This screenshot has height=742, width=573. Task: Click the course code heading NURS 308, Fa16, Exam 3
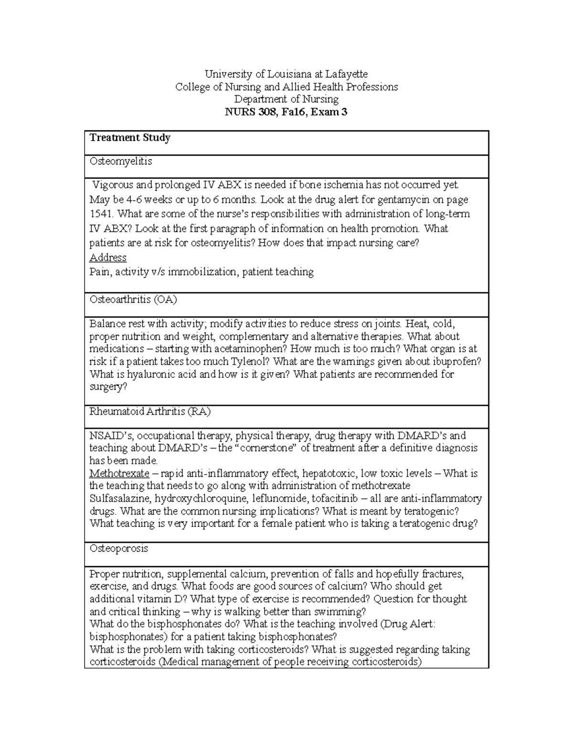(286, 112)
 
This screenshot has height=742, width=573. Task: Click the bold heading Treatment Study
(130, 138)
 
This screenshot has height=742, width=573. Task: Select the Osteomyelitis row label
(121, 161)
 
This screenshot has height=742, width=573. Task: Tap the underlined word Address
(108, 258)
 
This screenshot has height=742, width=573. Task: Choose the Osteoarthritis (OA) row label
(133, 300)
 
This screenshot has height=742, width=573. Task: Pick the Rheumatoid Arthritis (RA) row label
(150, 411)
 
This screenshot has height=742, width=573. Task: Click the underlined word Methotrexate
(119, 473)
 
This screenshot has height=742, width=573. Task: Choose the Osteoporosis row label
(119, 548)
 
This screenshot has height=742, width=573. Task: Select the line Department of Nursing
(286, 99)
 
